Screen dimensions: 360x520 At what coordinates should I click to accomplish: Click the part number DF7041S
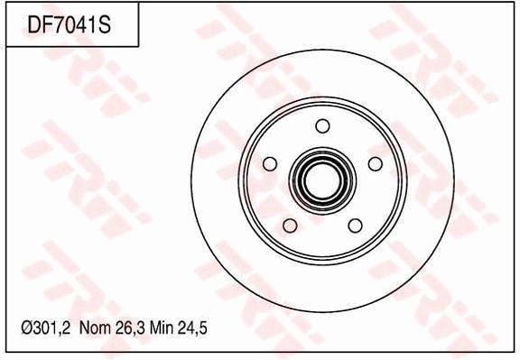[x=69, y=25]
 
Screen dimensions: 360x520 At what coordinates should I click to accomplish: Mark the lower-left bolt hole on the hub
[x=289, y=225]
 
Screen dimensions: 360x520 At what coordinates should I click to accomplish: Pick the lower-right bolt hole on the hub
[x=355, y=225]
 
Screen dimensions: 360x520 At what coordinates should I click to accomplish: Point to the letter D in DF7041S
[x=33, y=25]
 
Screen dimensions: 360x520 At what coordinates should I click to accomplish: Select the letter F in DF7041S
[x=47, y=25]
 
